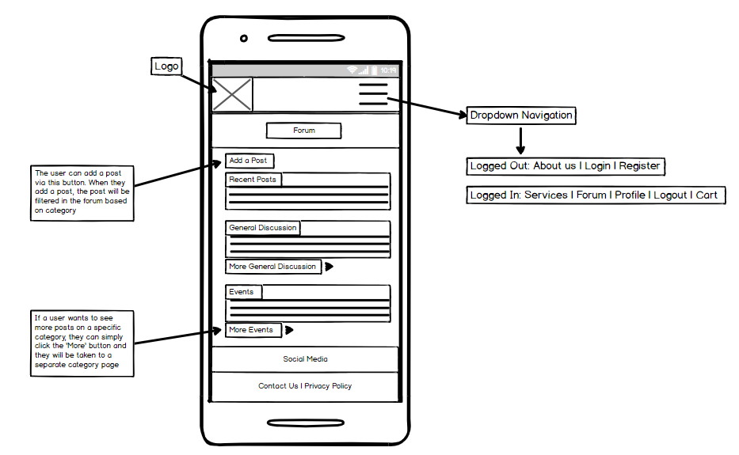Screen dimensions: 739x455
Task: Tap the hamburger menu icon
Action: coord(373,94)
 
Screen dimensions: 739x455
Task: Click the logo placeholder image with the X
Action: coord(232,95)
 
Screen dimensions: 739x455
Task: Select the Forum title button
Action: coord(304,131)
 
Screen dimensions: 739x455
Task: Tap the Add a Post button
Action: coord(250,161)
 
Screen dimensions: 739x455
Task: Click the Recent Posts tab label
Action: coord(253,180)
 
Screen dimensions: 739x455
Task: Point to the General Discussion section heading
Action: coord(263,228)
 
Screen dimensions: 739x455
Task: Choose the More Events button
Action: coord(253,330)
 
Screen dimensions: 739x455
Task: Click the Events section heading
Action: coord(243,292)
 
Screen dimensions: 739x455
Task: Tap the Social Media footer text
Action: coord(306,359)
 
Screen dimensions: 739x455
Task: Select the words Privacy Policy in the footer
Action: coord(328,386)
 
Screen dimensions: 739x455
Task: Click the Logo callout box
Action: coord(166,66)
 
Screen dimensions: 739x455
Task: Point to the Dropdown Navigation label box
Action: coord(521,116)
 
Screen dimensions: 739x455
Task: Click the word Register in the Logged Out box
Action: coord(639,166)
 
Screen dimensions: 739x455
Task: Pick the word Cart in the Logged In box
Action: coord(707,195)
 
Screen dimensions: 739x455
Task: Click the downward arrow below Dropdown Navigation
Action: coord(520,141)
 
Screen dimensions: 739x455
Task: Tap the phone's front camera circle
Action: coord(244,38)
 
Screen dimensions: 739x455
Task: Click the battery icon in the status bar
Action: coord(374,70)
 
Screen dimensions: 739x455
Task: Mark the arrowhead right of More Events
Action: coord(289,330)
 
